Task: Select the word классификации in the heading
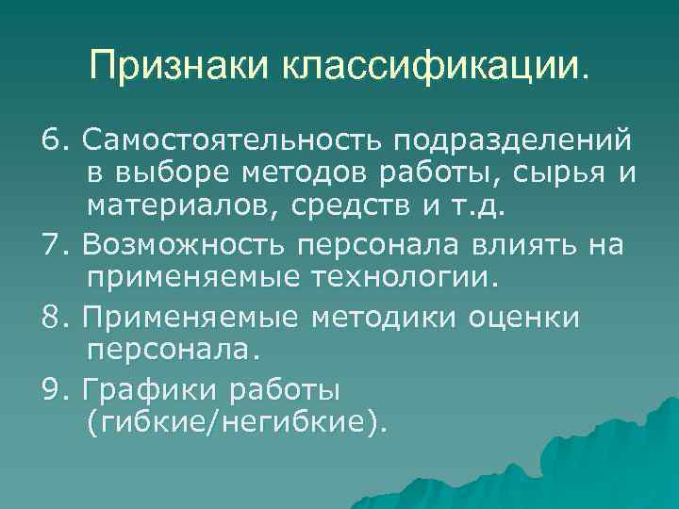click(x=431, y=66)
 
